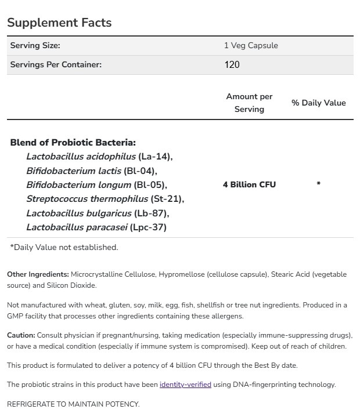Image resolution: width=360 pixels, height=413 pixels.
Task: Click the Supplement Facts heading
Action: pyautogui.click(x=59, y=23)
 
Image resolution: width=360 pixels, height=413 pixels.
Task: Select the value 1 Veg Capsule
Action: pyautogui.click(x=251, y=45)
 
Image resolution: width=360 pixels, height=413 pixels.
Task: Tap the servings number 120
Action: pyautogui.click(x=232, y=64)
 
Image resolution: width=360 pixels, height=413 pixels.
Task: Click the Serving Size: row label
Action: pyautogui.click(x=35, y=45)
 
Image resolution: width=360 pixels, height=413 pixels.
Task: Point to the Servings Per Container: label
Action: pyautogui.click(x=56, y=64)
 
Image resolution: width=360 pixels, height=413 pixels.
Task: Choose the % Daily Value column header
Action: pyautogui.click(x=318, y=103)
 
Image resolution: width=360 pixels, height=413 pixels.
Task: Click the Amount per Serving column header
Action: pyautogui.click(x=249, y=103)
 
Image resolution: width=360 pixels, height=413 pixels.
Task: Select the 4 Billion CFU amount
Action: pyautogui.click(x=249, y=184)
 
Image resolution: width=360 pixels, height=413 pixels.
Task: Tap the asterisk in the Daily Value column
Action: pyautogui.click(x=318, y=184)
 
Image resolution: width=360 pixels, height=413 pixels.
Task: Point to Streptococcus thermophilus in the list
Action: pyautogui.click(x=87, y=199)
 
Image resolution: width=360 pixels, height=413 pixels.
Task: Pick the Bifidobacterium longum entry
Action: pyautogui.click(x=78, y=185)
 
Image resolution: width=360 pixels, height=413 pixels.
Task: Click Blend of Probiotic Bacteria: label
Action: pyautogui.click(x=73, y=142)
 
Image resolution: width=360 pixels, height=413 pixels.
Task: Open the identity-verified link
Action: pyautogui.click(x=185, y=385)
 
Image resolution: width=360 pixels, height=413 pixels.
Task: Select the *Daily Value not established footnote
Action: pyautogui.click(x=64, y=247)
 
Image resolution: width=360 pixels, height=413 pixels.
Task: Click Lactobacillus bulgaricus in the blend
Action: pyautogui.click(x=79, y=213)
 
